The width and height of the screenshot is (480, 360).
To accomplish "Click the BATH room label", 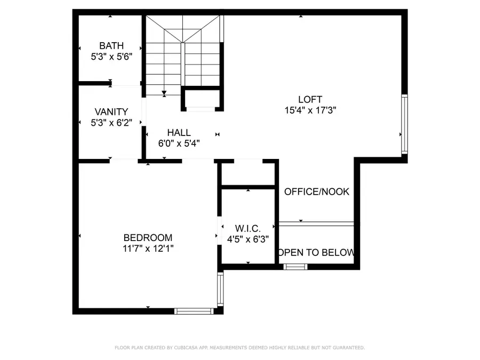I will click(111, 46).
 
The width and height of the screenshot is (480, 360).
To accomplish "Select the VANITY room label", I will click(111, 112).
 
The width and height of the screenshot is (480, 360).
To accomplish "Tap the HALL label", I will click(179, 133).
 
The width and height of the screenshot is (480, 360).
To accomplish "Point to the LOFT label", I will click(310, 99).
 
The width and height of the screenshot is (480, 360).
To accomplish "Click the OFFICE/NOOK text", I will click(317, 191).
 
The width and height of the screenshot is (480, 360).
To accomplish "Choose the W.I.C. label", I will click(248, 229).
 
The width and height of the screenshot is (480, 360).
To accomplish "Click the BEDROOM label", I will click(148, 238).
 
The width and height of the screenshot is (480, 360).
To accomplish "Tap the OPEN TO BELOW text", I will click(317, 253).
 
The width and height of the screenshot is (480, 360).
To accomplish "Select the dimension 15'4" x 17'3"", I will click(310, 110).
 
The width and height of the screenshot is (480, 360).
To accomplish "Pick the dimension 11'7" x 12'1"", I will click(148, 249).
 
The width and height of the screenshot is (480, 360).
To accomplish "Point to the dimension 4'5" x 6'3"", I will click(248, 240).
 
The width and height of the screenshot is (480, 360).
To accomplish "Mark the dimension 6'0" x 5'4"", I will click(179, 143).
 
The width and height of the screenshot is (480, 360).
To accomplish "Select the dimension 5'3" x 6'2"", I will click(111, 123).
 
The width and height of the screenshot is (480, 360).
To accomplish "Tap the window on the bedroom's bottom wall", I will click(194, 310).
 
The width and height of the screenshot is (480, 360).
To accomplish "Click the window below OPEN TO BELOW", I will click(295, 267).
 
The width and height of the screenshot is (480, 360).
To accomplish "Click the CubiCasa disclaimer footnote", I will click(240, 348).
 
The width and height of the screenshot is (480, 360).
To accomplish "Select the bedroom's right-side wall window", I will click(220, 290).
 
